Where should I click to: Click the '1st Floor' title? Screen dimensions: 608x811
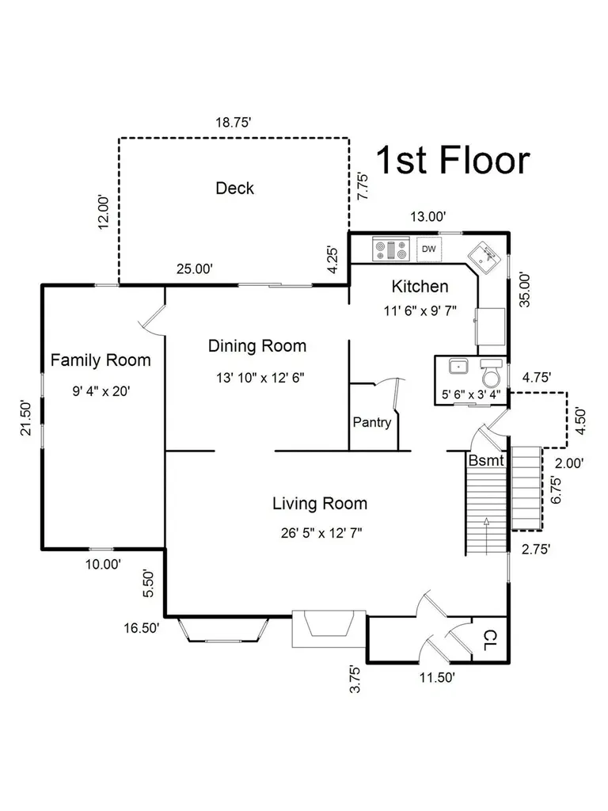pyautogui.click(x=452, y=159)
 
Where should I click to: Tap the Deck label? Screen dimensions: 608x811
pyautogui.click(x=234, y=188)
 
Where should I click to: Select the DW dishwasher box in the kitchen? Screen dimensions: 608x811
pyautogui.click(x=429, y=249)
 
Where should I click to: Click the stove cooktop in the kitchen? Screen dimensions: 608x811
pyautogui.click(x=391, y=249)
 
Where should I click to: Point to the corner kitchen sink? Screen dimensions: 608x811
pyautogui.click(x=484, y=257)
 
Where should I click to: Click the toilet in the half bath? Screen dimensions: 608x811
pyautogui.click(x=491, y=371)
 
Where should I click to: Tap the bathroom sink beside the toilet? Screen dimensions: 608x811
pyautogui.click(x=458, y=366)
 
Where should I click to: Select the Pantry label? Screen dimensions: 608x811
pyautogui.click(x=372, y=422)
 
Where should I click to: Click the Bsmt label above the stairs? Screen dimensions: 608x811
pyautogui.click(x=486, y=460)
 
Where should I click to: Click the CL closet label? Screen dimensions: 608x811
pyautogui.click(x=489, y=640)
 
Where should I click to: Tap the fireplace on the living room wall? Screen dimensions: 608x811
pyautogui.click(x=329, y=628)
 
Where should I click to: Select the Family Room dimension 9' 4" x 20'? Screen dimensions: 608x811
pyautogui.click(x=101, y=391)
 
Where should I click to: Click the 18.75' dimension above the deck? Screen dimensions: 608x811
pyautogui.click(x=234, y=123)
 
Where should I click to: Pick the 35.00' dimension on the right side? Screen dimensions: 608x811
pyautogui.click(x=525, y=290)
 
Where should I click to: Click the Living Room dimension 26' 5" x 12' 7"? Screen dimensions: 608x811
pyautogui.click(x=321, y=533)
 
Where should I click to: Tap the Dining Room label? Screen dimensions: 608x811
pyautogui.click(x=257, y=346)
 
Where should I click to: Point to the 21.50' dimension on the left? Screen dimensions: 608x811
pyautogui.click(x=26, y=418)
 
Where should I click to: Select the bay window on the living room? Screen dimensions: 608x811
pyautogui.click(x=224, y=630)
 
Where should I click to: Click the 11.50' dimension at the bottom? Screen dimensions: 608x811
pyautogui.click(x=437, y=678)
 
